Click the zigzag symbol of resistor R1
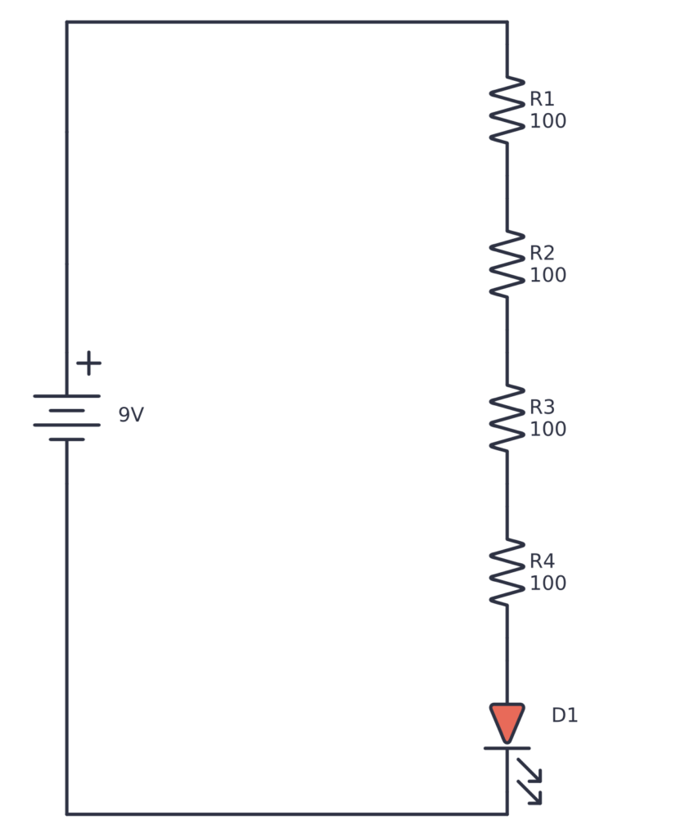point(507,110)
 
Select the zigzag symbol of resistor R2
point(507,264)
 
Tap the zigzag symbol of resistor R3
point(507,417)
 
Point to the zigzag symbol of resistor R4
point(507,571)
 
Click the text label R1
point(542,99)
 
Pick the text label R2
point(542,253)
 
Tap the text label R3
point(542,407)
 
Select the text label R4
point(542,561)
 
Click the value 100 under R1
point(548,121)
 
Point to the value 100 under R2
point(548,275)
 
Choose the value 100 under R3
point(548,429)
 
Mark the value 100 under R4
point(548,583)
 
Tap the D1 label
point(565,715)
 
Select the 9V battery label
point(131,415)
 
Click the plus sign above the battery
point(88,363)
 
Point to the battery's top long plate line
point(66,396)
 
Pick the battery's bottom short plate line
point(66,439)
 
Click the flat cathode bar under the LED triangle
point(507,748)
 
